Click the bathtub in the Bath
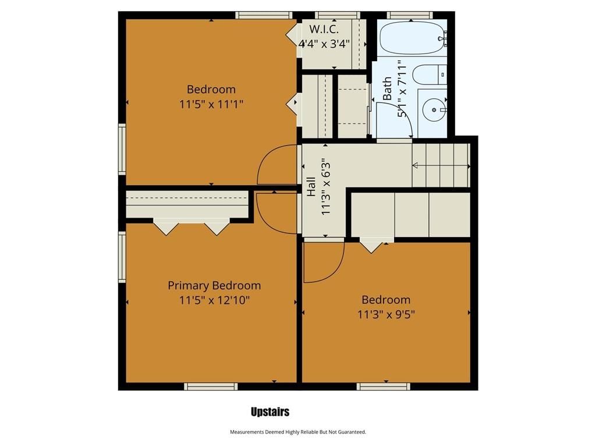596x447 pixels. tap(412, 38)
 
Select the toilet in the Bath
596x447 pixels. tap(430, 75)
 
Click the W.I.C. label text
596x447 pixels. tap(324, 29)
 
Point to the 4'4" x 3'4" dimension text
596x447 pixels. tap(324, 44)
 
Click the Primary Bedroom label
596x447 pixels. tap(214, 285)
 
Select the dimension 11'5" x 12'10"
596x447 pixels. tap(214, 300)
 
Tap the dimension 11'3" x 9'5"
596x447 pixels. tap(386, 315)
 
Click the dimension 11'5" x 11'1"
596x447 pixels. tap(211, 104)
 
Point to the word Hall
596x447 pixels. tap(311, 187)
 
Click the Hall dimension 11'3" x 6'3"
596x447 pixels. tap(326, 189)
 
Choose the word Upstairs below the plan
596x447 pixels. tap(270, 411)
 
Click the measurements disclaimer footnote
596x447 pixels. tap(298, 432)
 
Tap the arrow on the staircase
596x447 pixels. tap(441, 166)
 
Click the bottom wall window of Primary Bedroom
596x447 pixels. tap(211, 386)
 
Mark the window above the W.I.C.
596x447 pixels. tap(338, 15)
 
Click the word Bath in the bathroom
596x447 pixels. tap(387, 88)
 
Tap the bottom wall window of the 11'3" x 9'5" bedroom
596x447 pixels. tap(384, 386)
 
